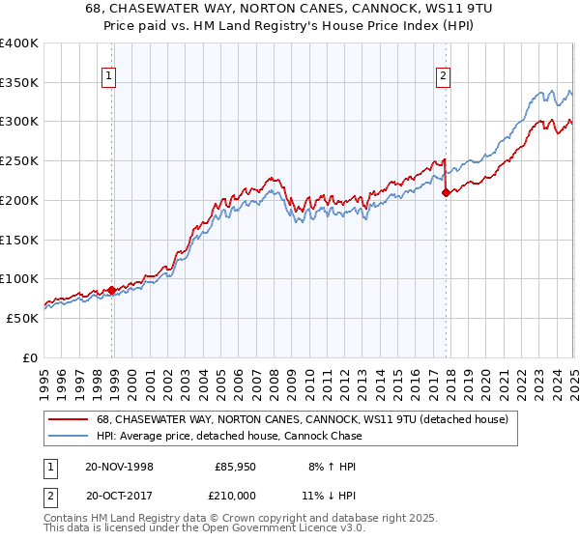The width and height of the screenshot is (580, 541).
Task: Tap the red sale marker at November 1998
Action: click(112, 289)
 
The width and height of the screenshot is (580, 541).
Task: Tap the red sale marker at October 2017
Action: click(447, 192)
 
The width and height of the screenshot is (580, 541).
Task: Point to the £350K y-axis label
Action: click(19, 83)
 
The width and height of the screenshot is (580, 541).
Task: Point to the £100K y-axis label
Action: click(19, 279)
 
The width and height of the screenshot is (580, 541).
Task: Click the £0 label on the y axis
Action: click(30, 357)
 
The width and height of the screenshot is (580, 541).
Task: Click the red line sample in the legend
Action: click(68, 419)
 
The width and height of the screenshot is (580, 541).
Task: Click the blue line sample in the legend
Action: click(68, 436)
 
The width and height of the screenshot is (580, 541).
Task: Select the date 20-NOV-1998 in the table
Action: click(119, 466)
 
